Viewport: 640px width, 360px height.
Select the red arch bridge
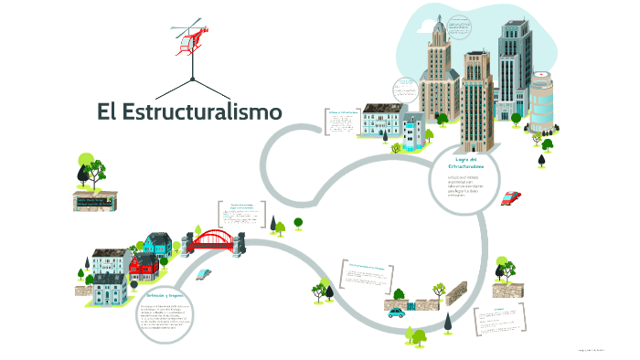(212, 240)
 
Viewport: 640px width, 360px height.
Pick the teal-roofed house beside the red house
(157, 244)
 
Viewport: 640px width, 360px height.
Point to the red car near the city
(511, 197)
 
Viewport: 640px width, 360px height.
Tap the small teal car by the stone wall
(396, 312)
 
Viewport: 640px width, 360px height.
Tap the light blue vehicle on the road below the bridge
(203, 273)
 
